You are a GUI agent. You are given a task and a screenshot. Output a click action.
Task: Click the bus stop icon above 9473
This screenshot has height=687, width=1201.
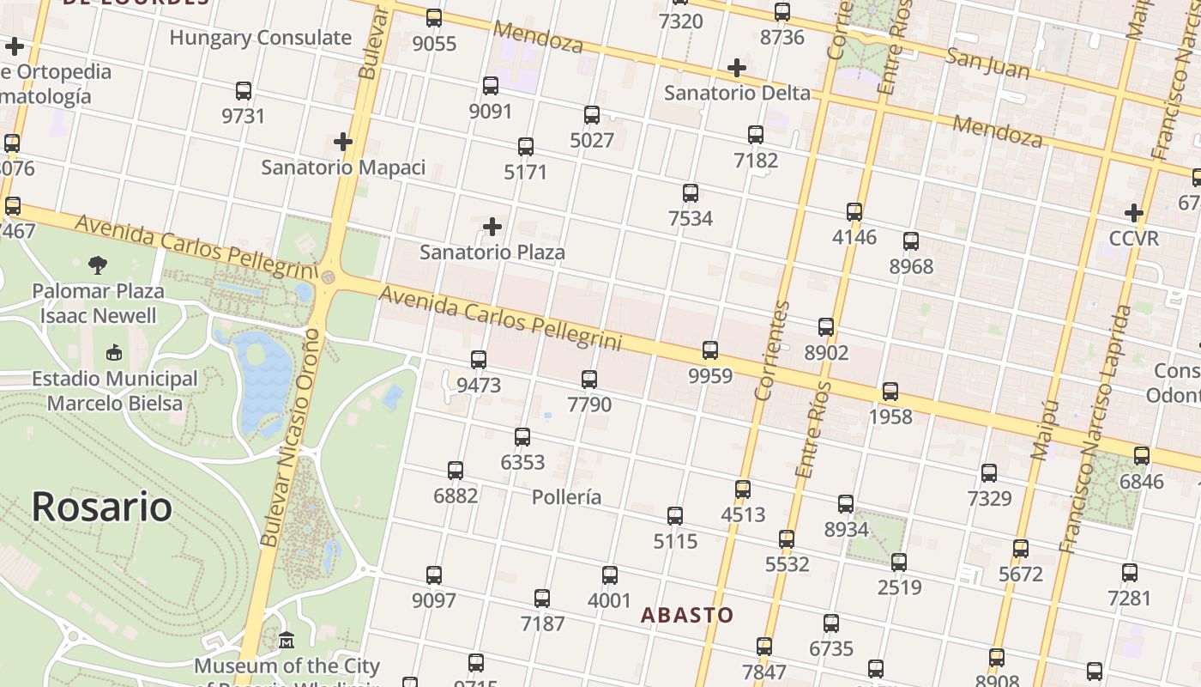click(479, 360)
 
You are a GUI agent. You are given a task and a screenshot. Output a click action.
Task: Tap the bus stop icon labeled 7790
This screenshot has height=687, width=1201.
click(589, 379)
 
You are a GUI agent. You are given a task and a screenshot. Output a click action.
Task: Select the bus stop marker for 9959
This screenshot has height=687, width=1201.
click(710, 350)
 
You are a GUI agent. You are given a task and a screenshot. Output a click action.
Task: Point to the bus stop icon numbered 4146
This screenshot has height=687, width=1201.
click(854, 212)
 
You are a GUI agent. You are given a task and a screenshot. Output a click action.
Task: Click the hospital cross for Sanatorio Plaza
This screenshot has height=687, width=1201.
click(492, 227)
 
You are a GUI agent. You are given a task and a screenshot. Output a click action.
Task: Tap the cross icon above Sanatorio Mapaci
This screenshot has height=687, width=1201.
click(343, 142)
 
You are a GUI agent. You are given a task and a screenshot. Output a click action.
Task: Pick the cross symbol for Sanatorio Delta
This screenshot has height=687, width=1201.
click(736, 68)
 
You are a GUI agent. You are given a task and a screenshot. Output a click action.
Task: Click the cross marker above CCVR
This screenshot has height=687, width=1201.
click(1134, 213)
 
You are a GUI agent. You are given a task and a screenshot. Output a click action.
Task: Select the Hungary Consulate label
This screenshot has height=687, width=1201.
click(261, 38)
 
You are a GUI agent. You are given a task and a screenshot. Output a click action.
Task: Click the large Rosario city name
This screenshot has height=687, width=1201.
click(101, 507)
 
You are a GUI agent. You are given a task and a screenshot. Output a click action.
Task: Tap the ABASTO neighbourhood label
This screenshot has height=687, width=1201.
click(687, 615)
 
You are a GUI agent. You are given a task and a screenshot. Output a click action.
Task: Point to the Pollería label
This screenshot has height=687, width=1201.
click(566, 497)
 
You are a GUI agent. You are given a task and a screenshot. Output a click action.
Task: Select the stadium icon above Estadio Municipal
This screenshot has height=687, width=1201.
click(113, 352)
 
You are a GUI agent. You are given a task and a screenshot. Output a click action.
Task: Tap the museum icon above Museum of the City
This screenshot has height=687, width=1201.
click(287, 641)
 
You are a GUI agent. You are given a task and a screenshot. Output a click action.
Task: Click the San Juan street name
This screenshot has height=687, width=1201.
click(987, 64)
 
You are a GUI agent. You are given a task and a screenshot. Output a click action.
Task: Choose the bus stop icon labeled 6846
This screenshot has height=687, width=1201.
click(1142, 456)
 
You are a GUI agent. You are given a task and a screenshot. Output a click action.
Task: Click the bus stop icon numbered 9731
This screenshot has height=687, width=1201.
click(244, 91)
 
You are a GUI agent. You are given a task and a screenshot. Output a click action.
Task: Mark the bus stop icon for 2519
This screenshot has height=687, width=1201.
click(899, 562)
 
